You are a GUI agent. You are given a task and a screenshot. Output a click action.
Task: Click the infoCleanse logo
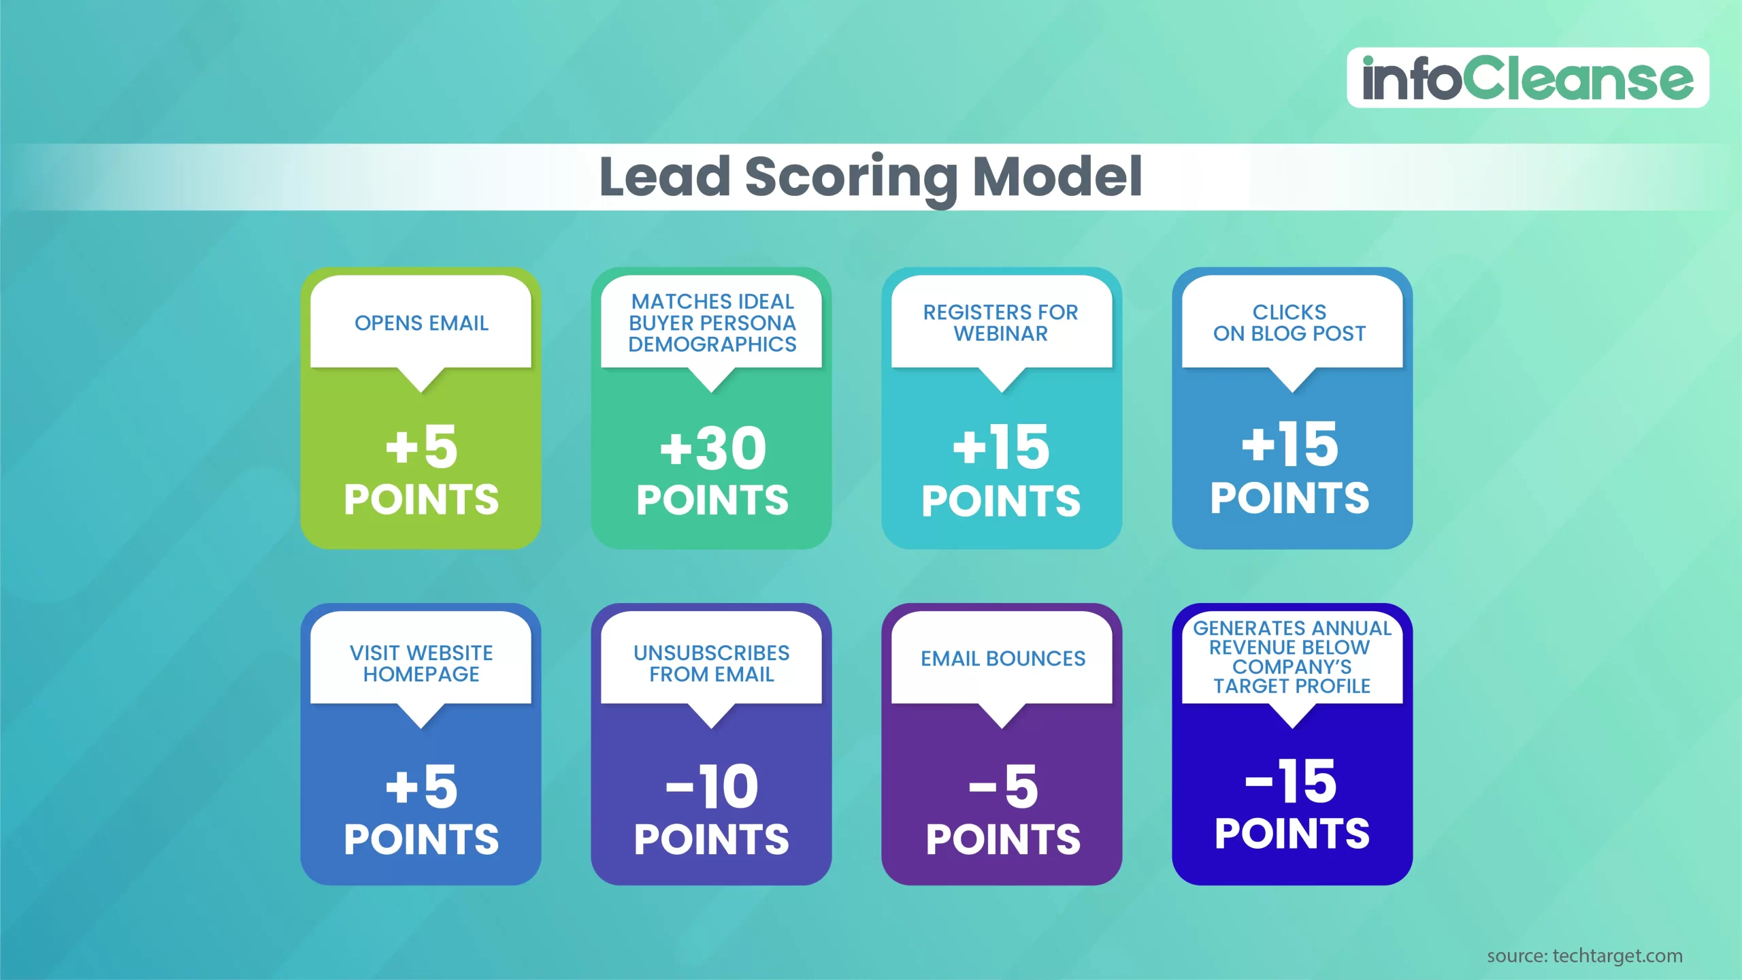(1527, 78)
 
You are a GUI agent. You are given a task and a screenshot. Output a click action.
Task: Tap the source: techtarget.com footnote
(1584, 956)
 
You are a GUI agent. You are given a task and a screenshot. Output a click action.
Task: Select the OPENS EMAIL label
(421, 323)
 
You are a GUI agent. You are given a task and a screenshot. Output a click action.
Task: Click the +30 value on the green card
(712, 449)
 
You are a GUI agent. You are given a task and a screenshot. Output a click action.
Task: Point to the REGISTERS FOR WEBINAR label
(1001, 323)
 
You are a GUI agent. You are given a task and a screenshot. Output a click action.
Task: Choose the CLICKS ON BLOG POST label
(1289, 323)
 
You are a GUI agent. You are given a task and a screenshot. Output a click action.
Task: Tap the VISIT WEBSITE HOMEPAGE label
(421, 664)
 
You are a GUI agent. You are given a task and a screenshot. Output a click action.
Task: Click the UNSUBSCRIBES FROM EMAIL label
(712, 664)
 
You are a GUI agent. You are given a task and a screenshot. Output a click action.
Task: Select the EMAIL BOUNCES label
(1003, 659)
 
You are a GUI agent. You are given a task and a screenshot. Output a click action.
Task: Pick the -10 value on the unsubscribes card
(712, 787)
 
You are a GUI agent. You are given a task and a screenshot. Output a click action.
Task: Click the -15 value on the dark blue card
(1291, 782)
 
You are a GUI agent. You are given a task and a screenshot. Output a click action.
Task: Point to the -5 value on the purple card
(1004, 787)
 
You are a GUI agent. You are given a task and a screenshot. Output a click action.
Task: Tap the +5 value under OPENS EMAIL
(421, 448)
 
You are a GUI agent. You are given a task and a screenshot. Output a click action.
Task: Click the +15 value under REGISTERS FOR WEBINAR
(1001, 448)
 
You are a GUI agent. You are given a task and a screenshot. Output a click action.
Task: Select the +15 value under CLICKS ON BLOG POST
(1290, 445)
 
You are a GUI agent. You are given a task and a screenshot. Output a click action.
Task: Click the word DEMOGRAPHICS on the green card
(712, 344)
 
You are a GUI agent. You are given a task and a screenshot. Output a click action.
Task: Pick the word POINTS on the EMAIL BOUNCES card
(1003, 839)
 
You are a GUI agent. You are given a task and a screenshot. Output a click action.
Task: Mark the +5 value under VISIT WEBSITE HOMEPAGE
(421, 787)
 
